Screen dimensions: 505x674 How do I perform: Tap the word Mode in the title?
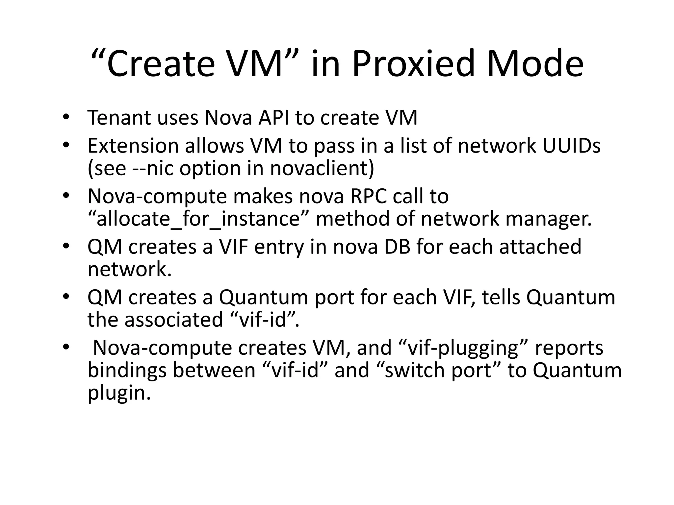pyautogui.click(x=535, y=63)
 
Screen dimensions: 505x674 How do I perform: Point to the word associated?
pyautogui.click(x=174, y=320)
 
